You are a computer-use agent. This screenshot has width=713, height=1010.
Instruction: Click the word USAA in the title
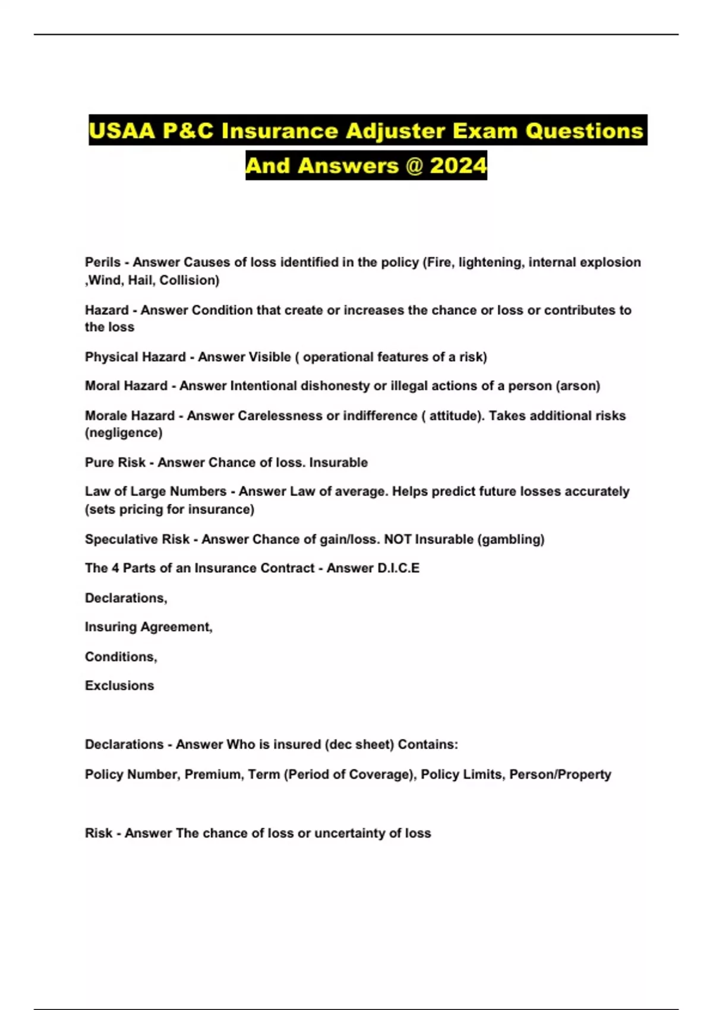pyautogui.click(x=122, y=131)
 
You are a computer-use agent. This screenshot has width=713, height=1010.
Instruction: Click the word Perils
pyautogui.click(x=102, y=262)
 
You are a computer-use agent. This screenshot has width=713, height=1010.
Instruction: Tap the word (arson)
pyautogui.click(x=578, y=386)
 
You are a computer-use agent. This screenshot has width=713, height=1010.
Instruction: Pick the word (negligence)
pyautogui.click(x=124, y=433)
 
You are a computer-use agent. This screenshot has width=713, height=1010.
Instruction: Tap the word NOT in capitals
pyautogui.click(x=397, y=539)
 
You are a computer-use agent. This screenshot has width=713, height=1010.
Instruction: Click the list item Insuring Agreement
pyautogui.click(x=149, y=627)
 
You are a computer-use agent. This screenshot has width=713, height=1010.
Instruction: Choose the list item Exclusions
pyautogui.click(x=119, y=686)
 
